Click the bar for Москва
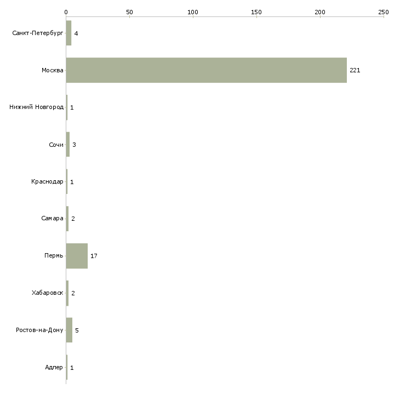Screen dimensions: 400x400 click(206, 70)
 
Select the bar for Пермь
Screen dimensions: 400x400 click(77, 256)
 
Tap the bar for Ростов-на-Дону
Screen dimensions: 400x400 click(69, 330)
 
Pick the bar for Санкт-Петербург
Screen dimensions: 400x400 click(68, 33)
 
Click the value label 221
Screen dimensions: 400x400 click(355, 71)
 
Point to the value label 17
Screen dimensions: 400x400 click(94, 256)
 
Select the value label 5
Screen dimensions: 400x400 click(77, 330)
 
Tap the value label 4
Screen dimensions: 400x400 click(76, 33)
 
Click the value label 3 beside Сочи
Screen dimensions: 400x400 click(74, 145)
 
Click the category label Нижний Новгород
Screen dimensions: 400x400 click(36, 107)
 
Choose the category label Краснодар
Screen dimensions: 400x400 click(47, 181)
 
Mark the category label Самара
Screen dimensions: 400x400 click(52, 219)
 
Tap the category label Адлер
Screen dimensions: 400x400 click(54, 367)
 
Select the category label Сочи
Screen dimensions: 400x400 click(56, 144)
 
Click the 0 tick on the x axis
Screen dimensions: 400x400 click(66, 12)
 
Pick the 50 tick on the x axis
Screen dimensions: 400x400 click(129, 12)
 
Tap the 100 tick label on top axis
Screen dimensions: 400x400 click(193, 12)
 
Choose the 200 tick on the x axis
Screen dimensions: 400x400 click(320, 12)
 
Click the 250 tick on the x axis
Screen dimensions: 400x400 click(384, 12)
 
